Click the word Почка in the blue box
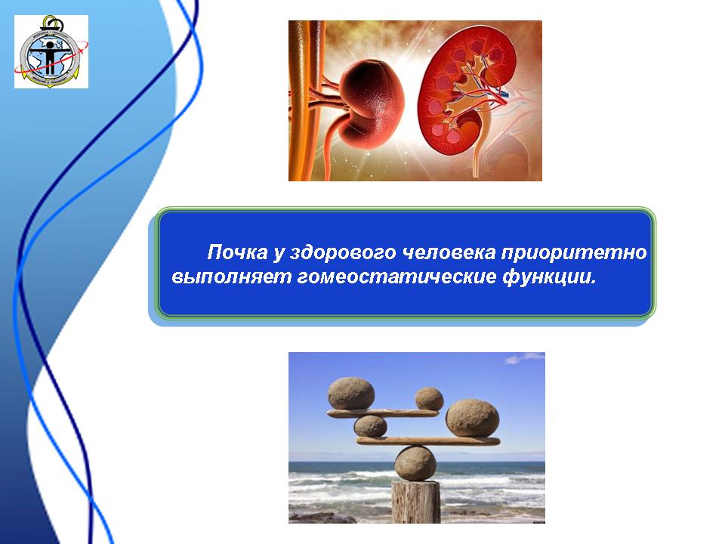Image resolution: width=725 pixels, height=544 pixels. coord(237,252)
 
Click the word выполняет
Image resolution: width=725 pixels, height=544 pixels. coord(231,277)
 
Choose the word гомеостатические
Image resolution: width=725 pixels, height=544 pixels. coord(396,277)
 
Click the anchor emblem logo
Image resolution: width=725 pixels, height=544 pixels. coord(51,51)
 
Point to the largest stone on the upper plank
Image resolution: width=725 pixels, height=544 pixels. coord(351,394)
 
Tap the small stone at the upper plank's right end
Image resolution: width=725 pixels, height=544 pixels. coord(429,399)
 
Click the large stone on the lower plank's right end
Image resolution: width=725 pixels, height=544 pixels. coord(472,418)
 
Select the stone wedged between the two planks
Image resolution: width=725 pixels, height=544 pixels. coord(370,426)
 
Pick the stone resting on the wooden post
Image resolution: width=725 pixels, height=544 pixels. coord(415,463)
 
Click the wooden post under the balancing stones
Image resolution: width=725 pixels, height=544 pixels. coord(415,502)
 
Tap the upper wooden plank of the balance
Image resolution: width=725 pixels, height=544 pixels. coord(383,413)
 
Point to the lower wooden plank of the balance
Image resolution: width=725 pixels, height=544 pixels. coord(428,441)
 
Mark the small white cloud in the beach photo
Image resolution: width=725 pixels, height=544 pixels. coord(524,357)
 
